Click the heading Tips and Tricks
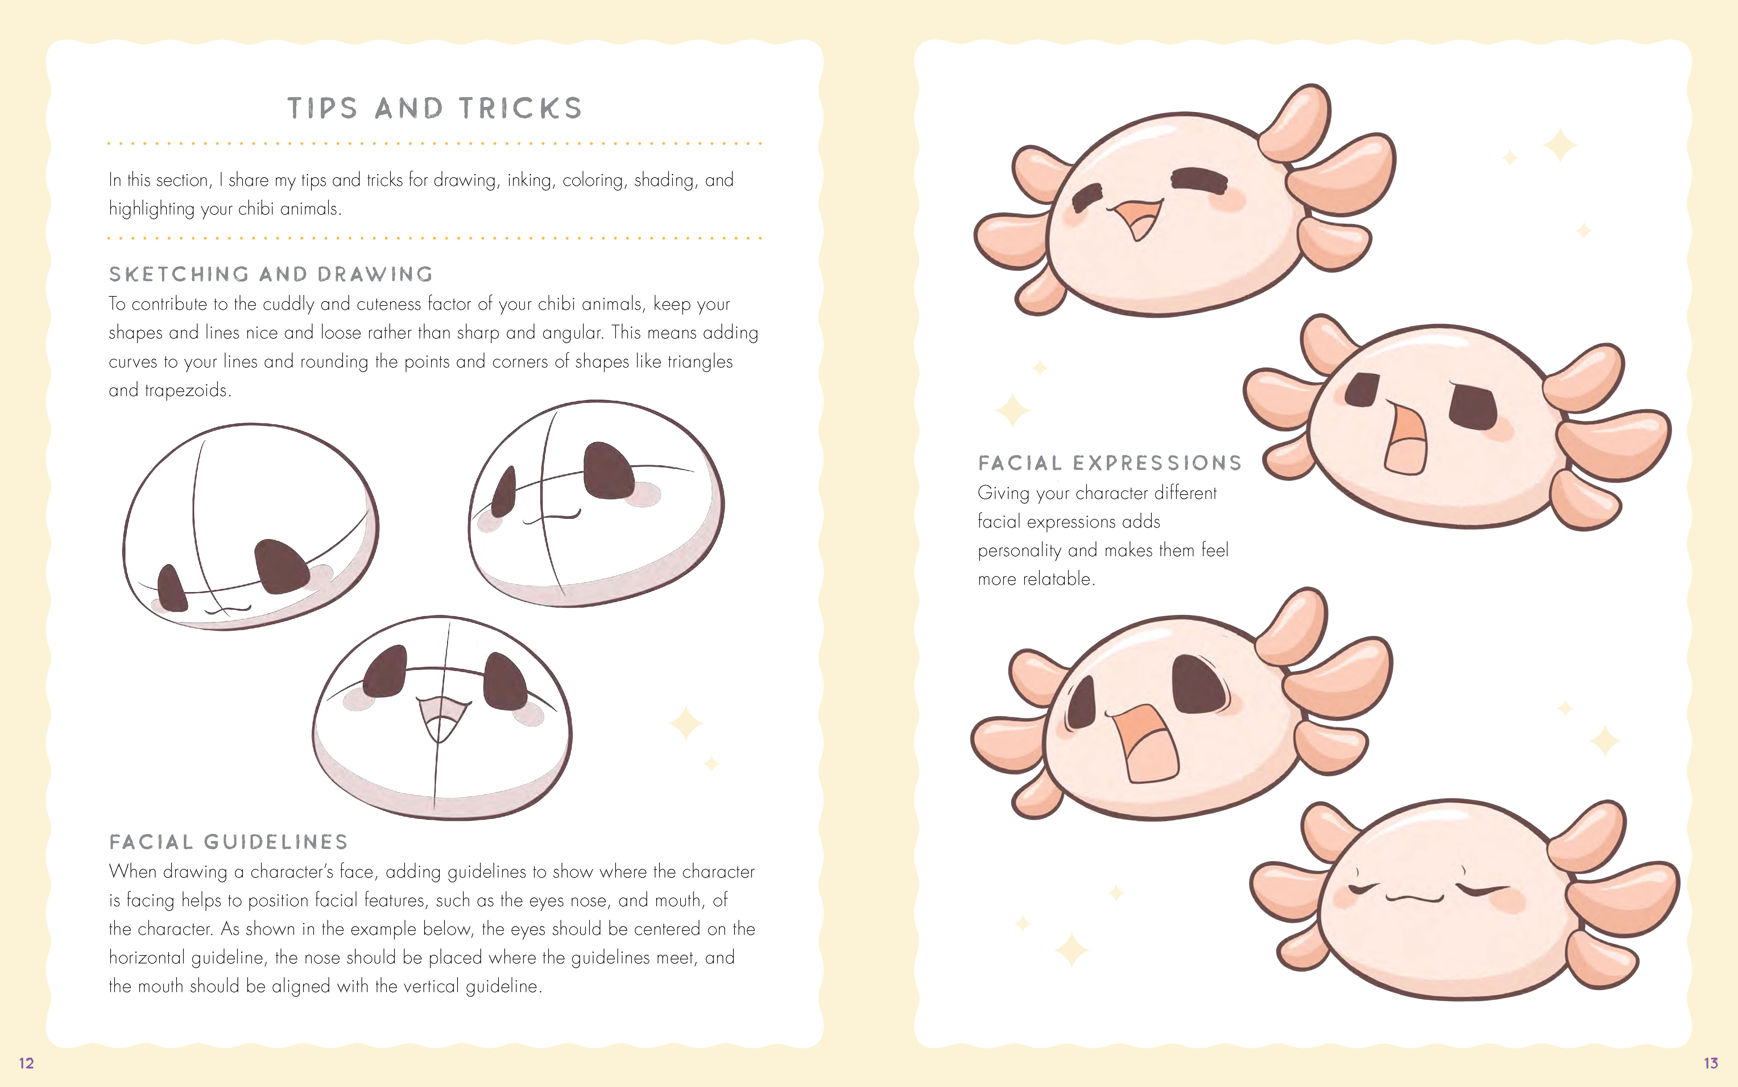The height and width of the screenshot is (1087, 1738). tap(434, 108)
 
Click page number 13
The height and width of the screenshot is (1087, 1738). tap(1711, 1063)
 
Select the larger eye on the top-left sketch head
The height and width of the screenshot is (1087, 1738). tap(282, 566)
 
